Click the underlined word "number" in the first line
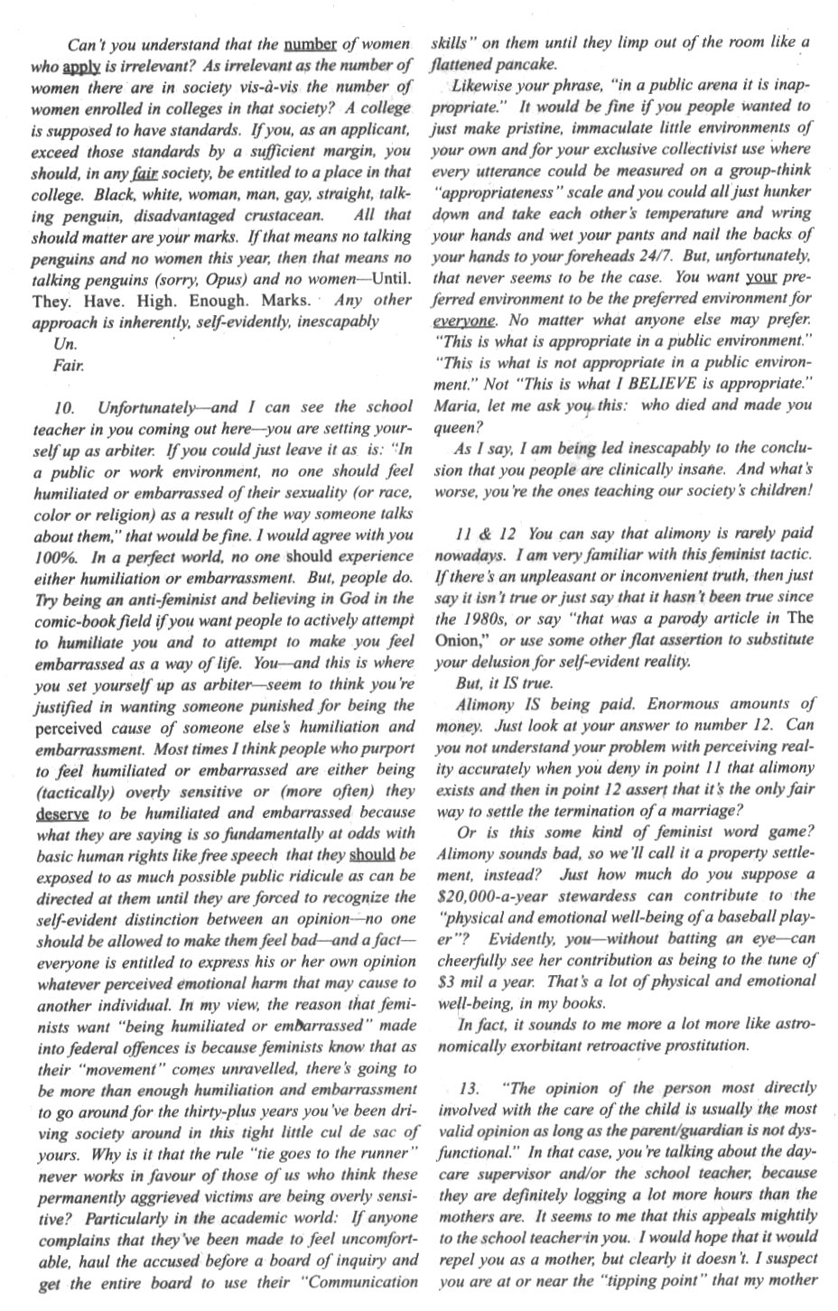(x=311, y=44)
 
